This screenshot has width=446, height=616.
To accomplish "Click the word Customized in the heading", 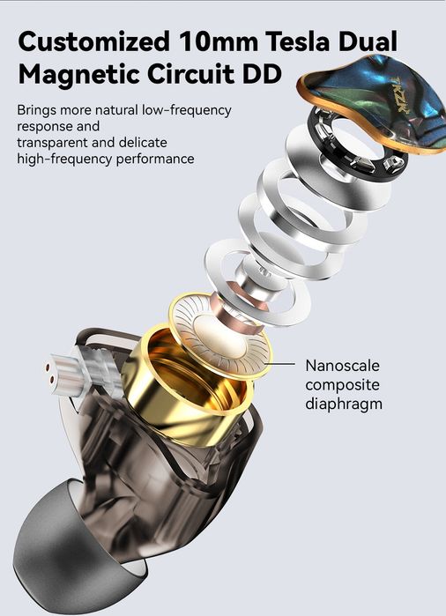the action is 94,41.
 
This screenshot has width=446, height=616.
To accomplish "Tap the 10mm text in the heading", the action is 218,41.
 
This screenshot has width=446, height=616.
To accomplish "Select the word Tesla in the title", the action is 297,41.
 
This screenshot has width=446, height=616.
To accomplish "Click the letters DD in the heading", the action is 262,73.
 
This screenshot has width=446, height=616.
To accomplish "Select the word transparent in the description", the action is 52,143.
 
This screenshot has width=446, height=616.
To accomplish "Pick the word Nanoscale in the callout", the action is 343,366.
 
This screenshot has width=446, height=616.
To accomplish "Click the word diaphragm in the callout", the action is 344,404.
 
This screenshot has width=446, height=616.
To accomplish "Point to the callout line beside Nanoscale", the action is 280,364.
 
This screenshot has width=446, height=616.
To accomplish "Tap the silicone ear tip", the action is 71,550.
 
